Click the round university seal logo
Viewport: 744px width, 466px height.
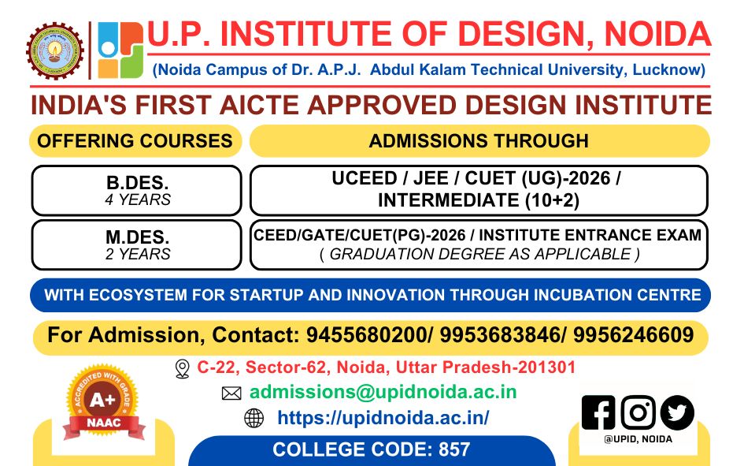click(x=54, y=50)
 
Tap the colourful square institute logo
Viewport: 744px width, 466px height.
click(x=120, y=50)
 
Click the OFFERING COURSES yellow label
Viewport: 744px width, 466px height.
click(x=135, y=141)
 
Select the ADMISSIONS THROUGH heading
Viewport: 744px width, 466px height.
click(x=479, y=141)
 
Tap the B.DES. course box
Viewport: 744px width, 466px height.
click(x=138, y=190)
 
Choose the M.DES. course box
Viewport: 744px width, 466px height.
click(x=138, y=244)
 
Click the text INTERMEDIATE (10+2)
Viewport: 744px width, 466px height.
click(x=478, y=200)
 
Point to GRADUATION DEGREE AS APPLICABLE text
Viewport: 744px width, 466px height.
click(x=479, y=254)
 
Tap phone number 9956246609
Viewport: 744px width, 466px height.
click(x=633, y=335)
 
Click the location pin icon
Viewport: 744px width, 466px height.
click(x=183, y=368)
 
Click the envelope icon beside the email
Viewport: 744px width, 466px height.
click(x=231, y=393)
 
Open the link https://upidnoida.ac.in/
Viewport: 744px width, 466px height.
click(x=383, y=418)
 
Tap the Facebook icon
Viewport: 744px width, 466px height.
click(x=598, y=412)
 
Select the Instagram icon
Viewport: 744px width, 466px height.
click(x=638, y=412)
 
